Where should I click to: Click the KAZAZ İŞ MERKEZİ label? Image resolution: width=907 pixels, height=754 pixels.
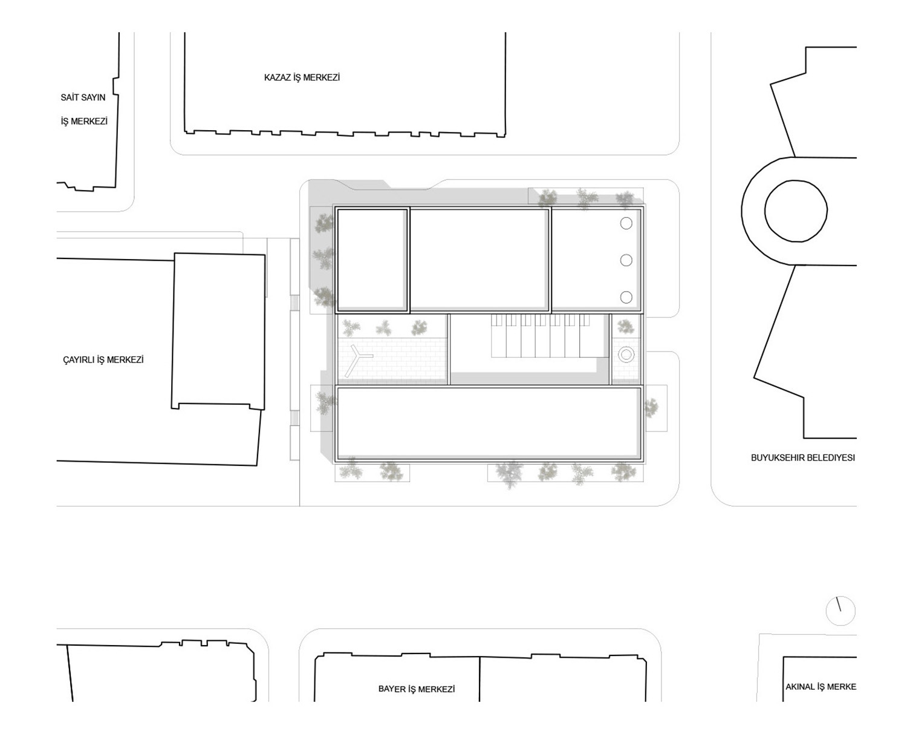[x=302, y=77]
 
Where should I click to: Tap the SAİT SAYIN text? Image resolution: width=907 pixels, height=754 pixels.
[x=83, y=97]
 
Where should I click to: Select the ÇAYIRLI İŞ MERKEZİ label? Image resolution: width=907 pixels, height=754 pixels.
[x=103, y=359]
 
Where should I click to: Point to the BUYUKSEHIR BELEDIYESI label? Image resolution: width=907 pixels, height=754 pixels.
[x=803, y=457]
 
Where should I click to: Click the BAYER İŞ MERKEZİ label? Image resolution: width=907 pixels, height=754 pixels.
[x=417, y=689]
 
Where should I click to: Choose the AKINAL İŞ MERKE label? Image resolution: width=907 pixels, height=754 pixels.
[x=821, y=687]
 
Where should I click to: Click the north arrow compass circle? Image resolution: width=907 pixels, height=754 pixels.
[x=840, y=611]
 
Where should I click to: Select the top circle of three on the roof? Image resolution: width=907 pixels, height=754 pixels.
[x=626, y=223]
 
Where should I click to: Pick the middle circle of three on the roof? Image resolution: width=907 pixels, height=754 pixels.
[x=626, y=260]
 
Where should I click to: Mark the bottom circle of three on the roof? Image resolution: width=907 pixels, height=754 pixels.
[x=626, y=297]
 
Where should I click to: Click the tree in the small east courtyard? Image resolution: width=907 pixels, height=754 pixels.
[x=625, y=326]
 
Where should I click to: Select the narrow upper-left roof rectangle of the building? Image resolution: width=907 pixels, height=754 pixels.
[x=372, y=260]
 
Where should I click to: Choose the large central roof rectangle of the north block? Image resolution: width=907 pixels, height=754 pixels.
[x=480, y=260]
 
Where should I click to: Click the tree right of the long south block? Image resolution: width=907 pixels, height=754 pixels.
[x=651, y=408]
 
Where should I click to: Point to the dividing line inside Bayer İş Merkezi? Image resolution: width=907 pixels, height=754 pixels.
[x=480, y=678]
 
